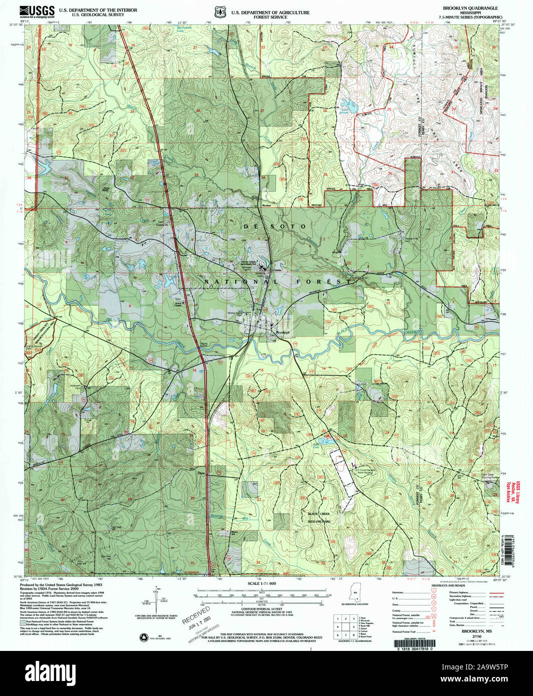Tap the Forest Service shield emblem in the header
pos(219,11)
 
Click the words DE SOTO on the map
pos(275,227)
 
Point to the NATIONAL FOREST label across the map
pos(278,282)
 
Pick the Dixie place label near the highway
pos(202,474)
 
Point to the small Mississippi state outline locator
pos(355,596)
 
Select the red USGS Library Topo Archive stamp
pos(509,490)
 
